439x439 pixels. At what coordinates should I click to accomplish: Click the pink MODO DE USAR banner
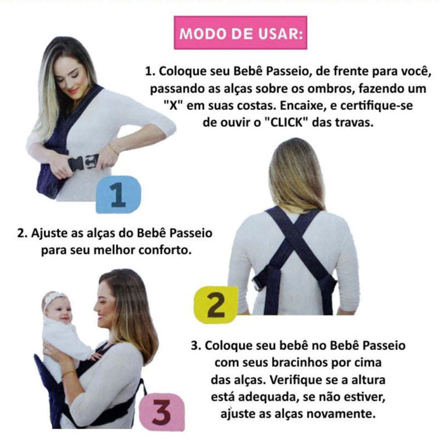[x=240, y=33]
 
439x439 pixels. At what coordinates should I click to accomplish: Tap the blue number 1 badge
[x=119, y=195]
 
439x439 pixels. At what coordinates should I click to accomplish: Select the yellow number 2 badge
[x=216, y=305]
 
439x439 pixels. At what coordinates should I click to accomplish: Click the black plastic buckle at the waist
[x=83, y=162]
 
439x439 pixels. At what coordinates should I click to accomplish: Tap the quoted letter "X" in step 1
[x=173, y=105]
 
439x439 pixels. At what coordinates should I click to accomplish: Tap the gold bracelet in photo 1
[x=114, y=149]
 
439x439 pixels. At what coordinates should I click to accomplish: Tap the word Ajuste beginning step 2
[x=49, y=233]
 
